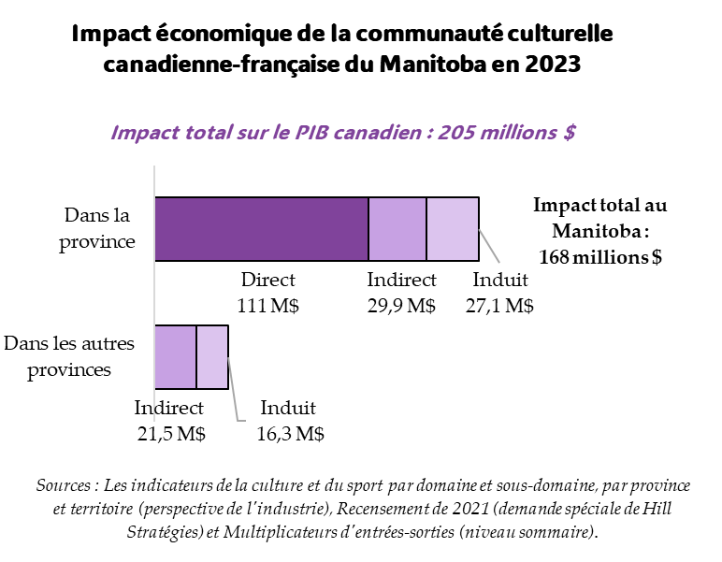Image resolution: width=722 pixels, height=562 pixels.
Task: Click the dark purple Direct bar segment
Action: click(x=261, y=229)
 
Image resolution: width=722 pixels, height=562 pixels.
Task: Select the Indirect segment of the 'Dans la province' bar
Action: click(x=397, y=229)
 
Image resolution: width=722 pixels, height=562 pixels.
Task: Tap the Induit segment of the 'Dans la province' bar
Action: click(x=453, y=229)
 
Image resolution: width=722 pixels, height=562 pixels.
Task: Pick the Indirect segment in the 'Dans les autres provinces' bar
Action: click(x=175, y=356)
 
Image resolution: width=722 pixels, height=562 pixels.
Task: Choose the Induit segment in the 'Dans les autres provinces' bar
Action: click(x=212, y=356)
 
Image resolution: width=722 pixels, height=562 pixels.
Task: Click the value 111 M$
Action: click(x=267, y=306)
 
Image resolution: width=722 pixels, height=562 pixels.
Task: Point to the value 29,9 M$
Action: click(x=401, y=306)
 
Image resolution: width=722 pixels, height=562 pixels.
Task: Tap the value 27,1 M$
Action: click(x=499, y=306)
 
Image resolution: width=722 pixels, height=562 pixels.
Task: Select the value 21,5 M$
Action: click(x=169, y=434)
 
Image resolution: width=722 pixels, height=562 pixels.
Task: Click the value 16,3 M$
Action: click(x=290, y=434)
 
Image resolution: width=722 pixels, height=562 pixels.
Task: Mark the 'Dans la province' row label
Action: click(x=97, y=228)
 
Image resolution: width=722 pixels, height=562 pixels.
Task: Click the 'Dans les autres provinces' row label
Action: click(x=69, y=356)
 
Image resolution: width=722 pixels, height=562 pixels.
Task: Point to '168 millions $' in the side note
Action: click(x=600, y=257)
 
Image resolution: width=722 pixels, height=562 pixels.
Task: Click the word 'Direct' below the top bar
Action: click(x=267, y=280)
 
